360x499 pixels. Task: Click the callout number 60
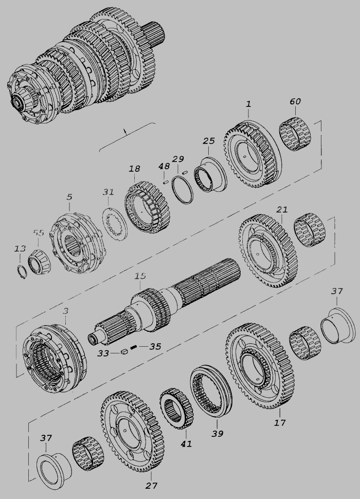[295, 101]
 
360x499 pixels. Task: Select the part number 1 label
[248, 104]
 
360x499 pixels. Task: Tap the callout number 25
[209, 140]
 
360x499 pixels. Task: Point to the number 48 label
[164, 166]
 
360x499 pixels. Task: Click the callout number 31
[108, 192]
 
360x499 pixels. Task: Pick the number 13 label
[20, 249]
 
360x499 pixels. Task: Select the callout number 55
[38, 233]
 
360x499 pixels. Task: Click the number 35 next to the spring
[155, 346]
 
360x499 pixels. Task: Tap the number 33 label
[103, 353]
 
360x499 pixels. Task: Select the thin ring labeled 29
[182, 190]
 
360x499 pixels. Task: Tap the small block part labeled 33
[124, 351]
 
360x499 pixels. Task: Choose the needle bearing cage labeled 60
[295, 134]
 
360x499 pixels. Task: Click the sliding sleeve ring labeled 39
[211, 392]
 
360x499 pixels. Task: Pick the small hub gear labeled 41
[176, 408]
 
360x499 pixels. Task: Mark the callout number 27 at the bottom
[151, 486]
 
